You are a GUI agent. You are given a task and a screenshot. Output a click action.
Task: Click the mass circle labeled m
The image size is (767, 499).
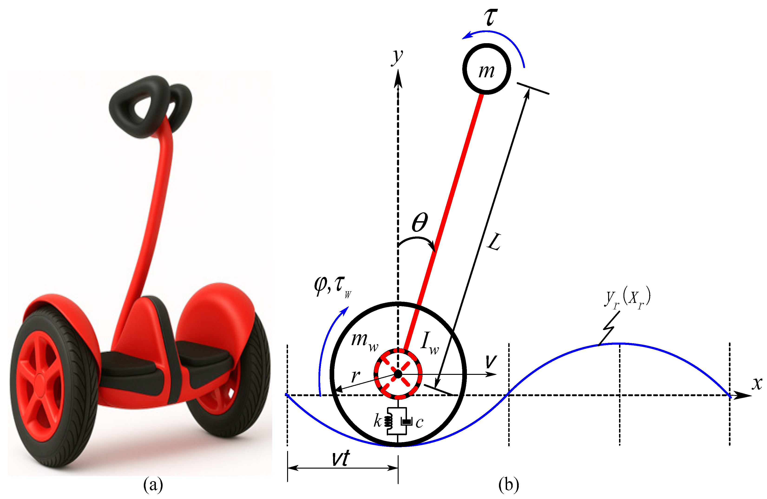point(486,69)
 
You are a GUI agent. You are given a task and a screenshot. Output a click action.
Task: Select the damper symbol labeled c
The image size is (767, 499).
point(406,421)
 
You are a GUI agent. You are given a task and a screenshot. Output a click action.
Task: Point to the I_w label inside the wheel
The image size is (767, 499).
point(429,343)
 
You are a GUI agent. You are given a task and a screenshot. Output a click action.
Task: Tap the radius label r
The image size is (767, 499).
point(355,376)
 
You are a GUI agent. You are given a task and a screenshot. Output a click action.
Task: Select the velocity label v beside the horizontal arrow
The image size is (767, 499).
point(491,362)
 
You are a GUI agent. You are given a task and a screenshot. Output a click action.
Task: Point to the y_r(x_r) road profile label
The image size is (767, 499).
point(627,298)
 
